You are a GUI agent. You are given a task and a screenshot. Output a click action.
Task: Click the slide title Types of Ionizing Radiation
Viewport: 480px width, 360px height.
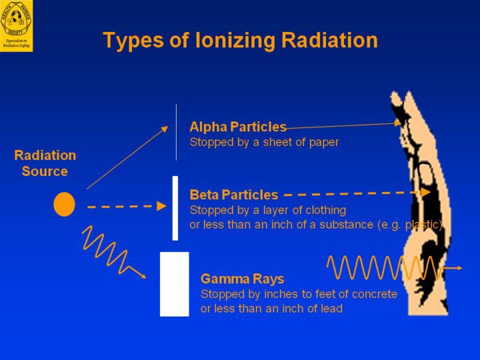tap(240, 41)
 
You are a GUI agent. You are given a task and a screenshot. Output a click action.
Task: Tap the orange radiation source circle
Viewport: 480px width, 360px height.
tap(64, 204)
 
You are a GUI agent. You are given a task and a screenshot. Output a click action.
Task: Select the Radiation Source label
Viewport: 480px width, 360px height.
tap(45, 163)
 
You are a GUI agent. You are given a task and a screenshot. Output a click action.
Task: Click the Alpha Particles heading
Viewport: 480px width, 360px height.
tap(237, 127)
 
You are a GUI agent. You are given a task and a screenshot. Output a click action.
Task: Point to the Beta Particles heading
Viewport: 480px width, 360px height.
tap(233, 195)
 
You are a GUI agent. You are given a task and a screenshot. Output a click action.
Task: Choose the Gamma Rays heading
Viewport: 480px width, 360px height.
tap(242, 279)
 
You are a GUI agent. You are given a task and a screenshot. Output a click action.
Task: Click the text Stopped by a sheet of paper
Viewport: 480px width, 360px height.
tap(264, 142)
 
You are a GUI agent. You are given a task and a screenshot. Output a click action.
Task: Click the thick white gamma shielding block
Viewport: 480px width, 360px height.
tap(175, 284)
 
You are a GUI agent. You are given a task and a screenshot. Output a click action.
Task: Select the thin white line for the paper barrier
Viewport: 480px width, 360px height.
tap(176, 132)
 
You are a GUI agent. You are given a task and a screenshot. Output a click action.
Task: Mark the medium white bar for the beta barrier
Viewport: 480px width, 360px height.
tap(175, 207)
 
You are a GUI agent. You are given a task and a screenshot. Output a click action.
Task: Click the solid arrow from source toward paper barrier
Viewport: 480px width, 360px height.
tap(127, 158)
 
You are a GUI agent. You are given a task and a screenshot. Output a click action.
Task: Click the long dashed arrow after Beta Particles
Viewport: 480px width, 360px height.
tap(357, 193)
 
